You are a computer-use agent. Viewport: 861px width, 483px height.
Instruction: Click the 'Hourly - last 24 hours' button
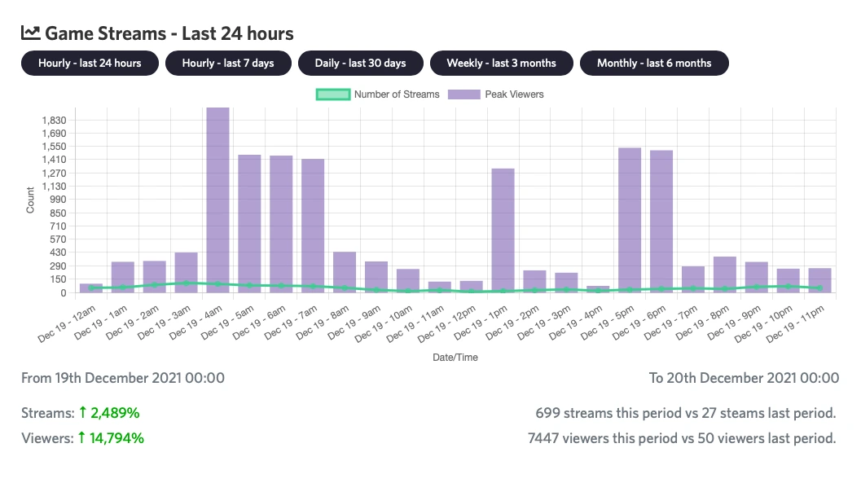tap(90, 64)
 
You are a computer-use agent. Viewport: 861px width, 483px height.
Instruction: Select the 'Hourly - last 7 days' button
tap(228, 64)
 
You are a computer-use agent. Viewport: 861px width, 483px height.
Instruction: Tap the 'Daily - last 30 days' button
tap(362, 64)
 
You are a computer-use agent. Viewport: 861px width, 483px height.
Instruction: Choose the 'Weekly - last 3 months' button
tap(501, 64)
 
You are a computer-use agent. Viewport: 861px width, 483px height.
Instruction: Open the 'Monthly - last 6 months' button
tap(654, 64)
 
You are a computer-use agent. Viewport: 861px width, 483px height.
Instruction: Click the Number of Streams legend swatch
tap(332, 94)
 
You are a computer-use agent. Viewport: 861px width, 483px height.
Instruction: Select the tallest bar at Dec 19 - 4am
tap(217, 200)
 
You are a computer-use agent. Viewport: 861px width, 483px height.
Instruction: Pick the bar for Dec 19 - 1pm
tap(503, 231)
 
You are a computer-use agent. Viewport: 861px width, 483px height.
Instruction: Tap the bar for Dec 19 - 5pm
tap(630, 220)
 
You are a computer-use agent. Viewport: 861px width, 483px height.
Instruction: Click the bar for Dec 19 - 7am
tap(313, 226)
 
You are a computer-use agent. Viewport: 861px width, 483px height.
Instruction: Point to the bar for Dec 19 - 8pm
tap(725, 274)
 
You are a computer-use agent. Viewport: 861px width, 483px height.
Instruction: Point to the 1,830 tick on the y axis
tap(54, 120)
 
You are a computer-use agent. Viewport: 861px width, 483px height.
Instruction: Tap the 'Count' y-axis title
tap(30, 200)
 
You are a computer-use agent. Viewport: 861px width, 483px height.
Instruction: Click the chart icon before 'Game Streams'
tap(30, 33)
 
